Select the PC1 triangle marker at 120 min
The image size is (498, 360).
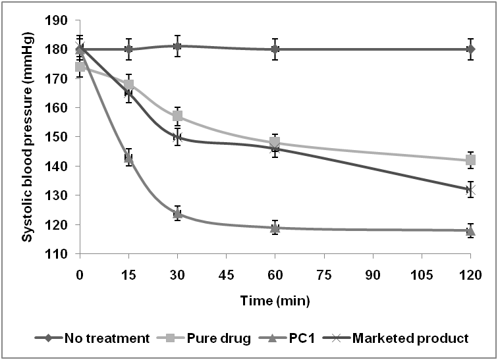(470, 230)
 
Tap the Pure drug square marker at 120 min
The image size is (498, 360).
(470, 161)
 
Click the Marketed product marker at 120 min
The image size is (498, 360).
(470, 190)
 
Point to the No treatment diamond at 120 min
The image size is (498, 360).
(470, 49)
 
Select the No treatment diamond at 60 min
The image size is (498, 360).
(275, 49)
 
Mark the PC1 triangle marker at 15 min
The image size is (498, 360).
(129, 158)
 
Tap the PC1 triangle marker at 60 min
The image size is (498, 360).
(275, 228)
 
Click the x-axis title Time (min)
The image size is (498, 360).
(275, 301)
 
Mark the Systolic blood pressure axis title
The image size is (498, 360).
(28, 137)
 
